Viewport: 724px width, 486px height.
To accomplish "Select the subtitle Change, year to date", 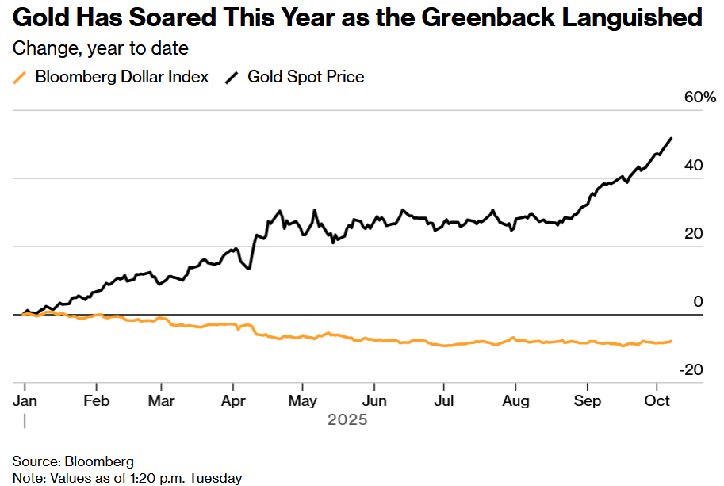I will pyautogui.click(x=100, y=48).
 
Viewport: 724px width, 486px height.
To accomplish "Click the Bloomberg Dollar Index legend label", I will pyautogui.click(x=122, y=77).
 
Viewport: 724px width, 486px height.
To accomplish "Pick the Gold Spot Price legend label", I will pyautogui.click(x=306, y=77).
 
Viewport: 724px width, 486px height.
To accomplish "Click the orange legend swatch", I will pyautogui.click(x=21, y=77).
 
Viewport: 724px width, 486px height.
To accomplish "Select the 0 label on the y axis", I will pyautogui.click(x=698, y=302).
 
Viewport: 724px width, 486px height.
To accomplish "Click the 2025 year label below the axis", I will pyautogui.click(x=347, y=419).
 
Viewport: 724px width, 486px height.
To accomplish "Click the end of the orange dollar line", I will pyautogui.click(x=672, y=341).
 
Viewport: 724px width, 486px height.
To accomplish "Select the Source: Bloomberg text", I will pyautogui.click(x=73, y=461).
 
